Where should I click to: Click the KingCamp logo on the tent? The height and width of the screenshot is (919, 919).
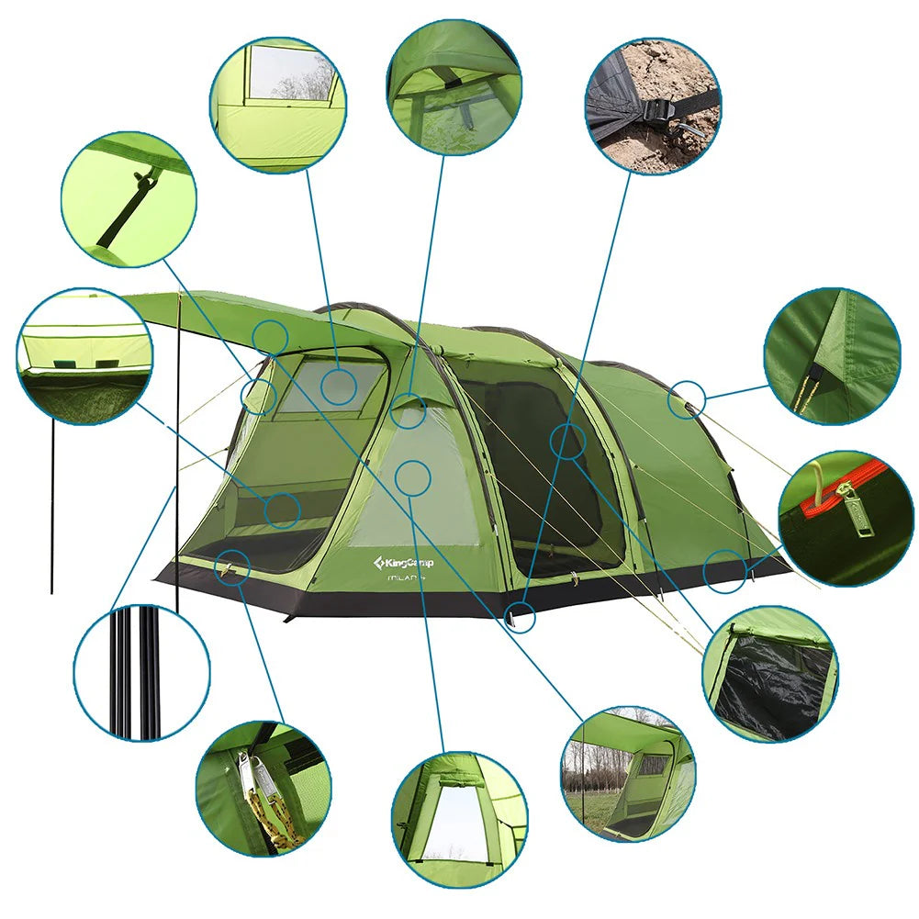coord(404,560)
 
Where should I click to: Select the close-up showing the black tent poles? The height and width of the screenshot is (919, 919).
coord(141,672)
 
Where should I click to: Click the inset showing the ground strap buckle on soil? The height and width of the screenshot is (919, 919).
coord(653,106)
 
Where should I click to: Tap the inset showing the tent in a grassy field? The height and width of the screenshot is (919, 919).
coord(628,773)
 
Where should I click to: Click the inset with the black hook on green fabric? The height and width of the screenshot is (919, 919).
coord(129,199)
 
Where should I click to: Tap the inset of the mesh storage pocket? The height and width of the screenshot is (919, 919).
coord(84,357)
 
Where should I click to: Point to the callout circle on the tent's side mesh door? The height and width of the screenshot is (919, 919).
coord(568,441)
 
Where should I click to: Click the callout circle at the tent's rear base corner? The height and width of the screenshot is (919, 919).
coord(724,570)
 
